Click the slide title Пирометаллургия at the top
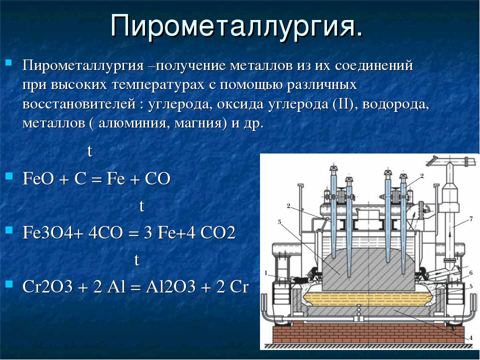click(x=236, y=26)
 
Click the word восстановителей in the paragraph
click(x=78, y=104)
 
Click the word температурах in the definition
click(x=158, y=85)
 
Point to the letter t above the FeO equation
click(x=89, y=151)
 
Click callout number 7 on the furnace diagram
click(x=471, y=218)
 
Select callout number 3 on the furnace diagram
click(x=279, y=221)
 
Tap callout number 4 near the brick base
click(x=470, y=338)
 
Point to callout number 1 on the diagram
click(x=265, y=272)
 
